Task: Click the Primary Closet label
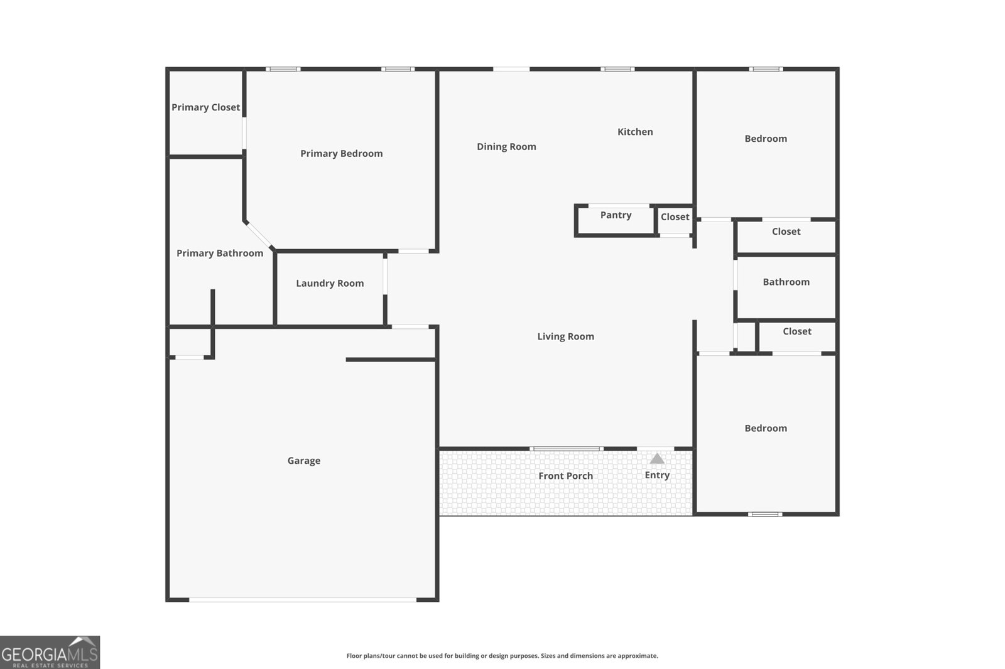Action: (205, 107)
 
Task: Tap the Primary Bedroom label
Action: (341, 153)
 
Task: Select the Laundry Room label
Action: (330, 283)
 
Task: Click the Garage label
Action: (304, 461)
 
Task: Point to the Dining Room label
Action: (506, 146)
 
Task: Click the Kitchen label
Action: (635, 132)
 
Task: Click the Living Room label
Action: (565, 336)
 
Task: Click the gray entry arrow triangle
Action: (657, 459)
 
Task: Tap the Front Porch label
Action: (565, 476)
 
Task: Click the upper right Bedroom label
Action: (766, 139)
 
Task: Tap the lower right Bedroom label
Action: (766, 428)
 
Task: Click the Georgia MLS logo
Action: (50, 652)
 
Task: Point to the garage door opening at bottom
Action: (303, 600)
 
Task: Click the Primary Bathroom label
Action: (220, 253)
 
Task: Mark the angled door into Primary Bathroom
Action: (259, 235)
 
